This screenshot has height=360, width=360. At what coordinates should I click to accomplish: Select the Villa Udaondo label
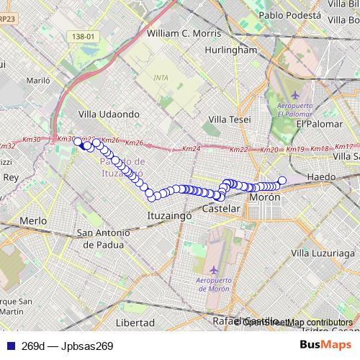click(x=109, y=114)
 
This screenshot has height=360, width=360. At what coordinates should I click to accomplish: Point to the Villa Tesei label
click(x=229, y=119)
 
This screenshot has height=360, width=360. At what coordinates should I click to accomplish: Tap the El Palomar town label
click(x=317, y=124)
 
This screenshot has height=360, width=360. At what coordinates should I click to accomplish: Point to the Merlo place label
click(x=33, y=220)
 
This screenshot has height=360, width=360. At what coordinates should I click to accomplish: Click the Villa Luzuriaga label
click(x=325, y=253)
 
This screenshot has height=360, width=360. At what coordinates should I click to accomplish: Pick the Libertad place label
click(x=135, y=322)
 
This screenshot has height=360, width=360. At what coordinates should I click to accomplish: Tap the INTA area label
click(x=161, y=77)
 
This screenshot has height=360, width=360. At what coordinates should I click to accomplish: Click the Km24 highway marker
click(x=191, y=149)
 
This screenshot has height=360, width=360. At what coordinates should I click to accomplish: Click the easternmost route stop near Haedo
click(x=282, y=181)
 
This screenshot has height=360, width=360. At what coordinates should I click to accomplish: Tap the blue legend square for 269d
click(x=9, y=346)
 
